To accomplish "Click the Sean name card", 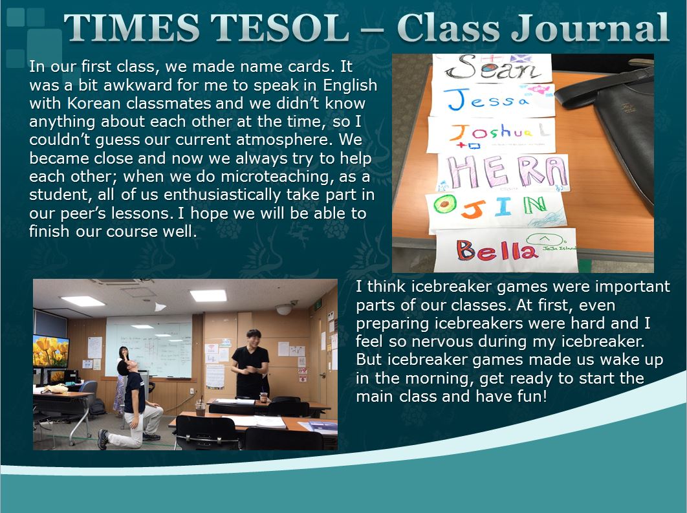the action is (492, 69).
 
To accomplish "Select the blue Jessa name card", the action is (492, 100).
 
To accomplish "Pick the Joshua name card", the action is (492, 135).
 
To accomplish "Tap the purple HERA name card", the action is (503, 173).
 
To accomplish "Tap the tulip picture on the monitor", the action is (51, 351).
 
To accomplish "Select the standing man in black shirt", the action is (250, 364).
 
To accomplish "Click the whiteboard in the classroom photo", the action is (149, 345).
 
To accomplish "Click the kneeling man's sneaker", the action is (104, 439).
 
